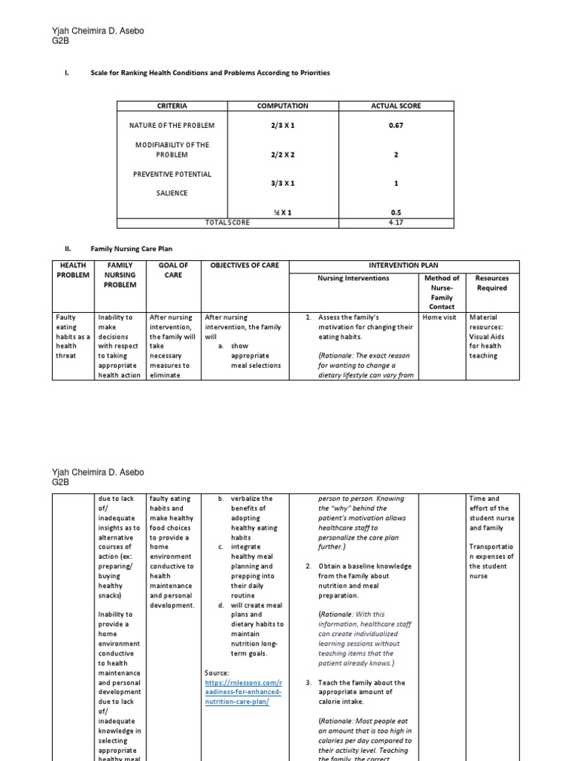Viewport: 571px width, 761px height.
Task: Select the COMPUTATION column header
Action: (283, 106)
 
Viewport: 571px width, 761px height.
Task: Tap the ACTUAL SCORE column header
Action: (396, 106)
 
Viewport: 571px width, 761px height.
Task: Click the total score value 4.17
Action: (396, 221)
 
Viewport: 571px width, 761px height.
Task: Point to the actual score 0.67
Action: (396, 126)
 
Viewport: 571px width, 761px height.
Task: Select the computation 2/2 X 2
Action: (283, 155)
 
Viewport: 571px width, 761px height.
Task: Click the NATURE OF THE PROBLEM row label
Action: (172, 126)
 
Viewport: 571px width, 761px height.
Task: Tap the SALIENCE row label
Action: (172, 193)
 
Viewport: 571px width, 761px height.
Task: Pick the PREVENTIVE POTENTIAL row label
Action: (172, 174)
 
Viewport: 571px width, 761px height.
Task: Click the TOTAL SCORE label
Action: (228, 221)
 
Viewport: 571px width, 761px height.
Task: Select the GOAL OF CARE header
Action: (173, 269)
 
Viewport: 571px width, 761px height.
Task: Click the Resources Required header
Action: (491, 283)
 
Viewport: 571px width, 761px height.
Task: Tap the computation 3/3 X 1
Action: (283, 183)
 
